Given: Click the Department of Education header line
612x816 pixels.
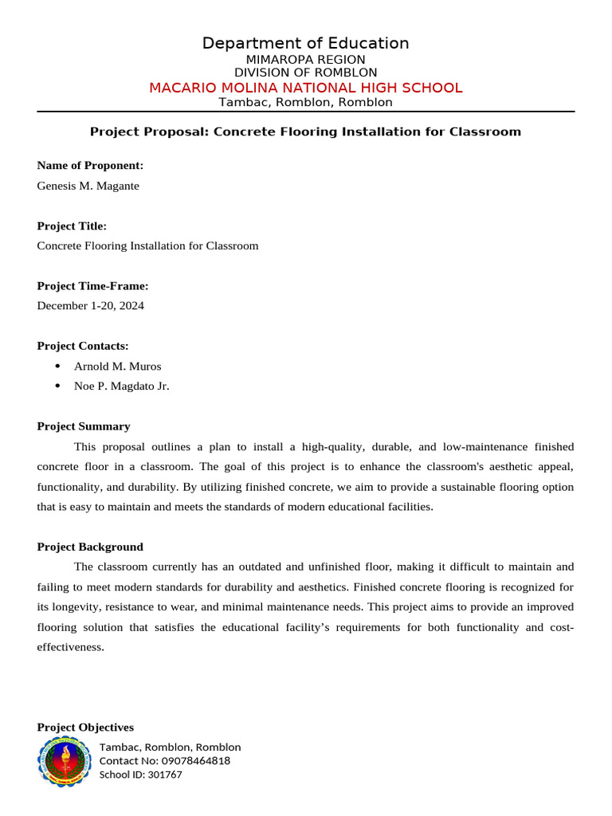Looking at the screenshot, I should click(x=305, y=43).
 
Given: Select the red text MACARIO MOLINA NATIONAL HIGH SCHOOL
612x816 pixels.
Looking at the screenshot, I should click(x=305, y=88).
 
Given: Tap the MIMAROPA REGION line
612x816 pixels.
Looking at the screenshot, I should click(x=305, y=60).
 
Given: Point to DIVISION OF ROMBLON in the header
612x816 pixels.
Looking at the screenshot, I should click(x=305, y=73).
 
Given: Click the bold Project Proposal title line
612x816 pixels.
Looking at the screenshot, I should click(x=305, y=131).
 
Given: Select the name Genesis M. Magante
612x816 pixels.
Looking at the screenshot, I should click(x=88, y=186).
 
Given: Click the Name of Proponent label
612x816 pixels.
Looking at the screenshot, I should click(x=90, y=166).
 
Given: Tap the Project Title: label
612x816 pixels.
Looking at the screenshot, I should click(x=72, y=226).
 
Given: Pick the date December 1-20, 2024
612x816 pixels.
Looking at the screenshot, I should click(x=90, y=305).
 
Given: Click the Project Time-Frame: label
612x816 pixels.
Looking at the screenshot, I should click(x=92, y=286).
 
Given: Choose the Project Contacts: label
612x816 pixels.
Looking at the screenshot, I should click(x=82, y=346).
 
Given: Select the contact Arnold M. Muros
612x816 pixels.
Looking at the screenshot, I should click(x=117, y=367).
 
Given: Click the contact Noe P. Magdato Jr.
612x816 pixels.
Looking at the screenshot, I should click(x=121, y=386).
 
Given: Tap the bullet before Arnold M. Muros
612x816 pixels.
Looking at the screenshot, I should click(x=57, y=367).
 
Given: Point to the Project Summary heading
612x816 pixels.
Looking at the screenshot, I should click(x=84, y=426).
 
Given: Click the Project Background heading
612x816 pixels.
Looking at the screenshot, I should click(x=90, y=547).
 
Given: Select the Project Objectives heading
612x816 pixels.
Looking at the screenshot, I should click(x=85, y=728).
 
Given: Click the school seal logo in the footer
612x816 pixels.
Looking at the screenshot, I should click(x=64, y=761).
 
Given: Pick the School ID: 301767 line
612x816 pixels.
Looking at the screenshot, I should click(x=140, y=775).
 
